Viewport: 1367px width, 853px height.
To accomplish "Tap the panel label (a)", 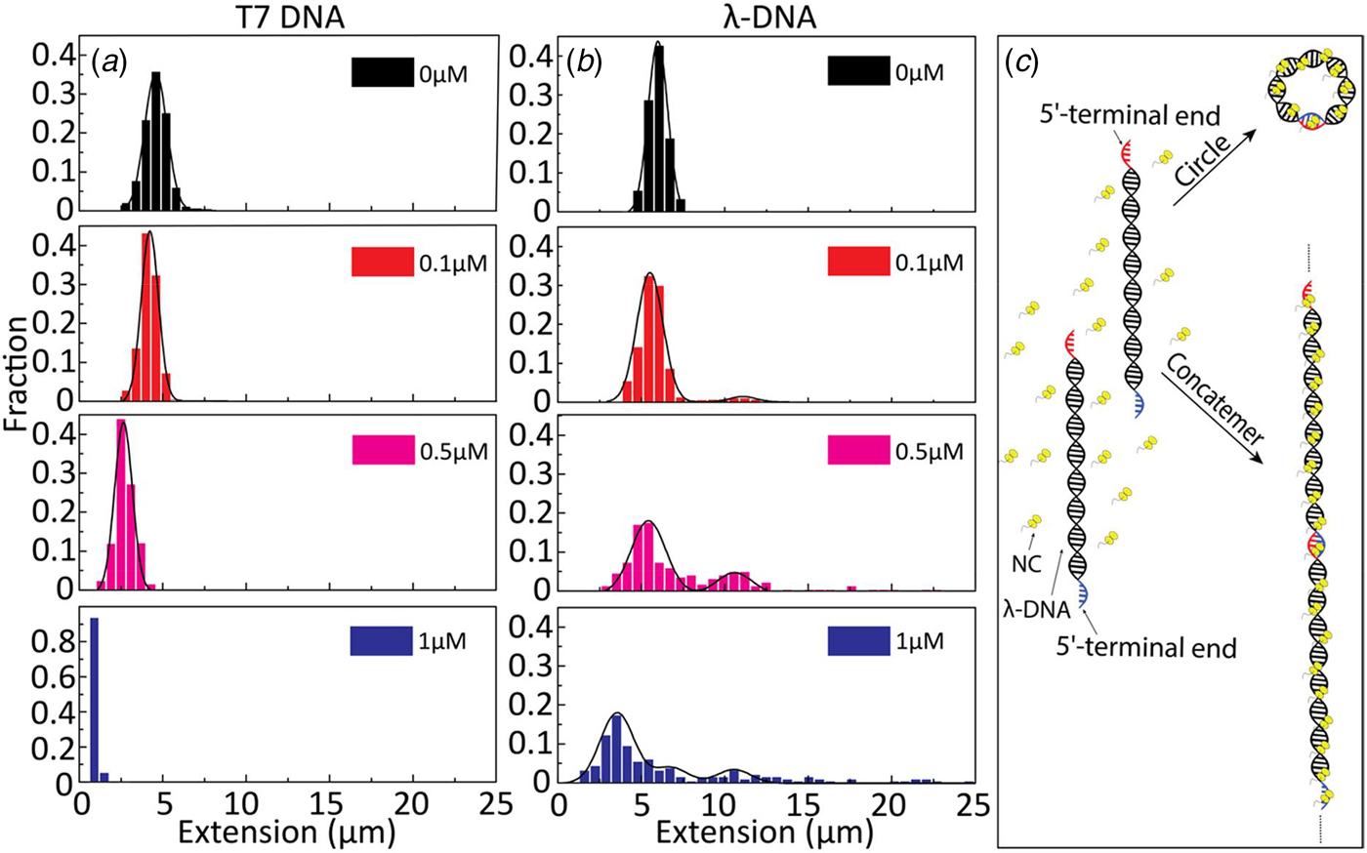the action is pos(109,61).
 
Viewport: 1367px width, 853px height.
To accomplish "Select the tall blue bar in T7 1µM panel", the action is pos(95,699).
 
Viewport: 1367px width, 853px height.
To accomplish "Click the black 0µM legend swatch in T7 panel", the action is pos(382,72).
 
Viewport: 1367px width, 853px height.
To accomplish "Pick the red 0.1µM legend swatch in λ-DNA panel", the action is pos(858,262).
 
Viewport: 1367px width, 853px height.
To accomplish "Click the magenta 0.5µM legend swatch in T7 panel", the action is pos(383,450).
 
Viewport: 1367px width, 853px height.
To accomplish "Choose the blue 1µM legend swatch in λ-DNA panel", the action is pos(858,640).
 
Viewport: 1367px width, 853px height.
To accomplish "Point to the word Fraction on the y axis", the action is pos(16,374).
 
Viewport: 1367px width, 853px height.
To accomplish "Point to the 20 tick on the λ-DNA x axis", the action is pos(890,805).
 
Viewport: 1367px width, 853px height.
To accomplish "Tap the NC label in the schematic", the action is pos(1026,564).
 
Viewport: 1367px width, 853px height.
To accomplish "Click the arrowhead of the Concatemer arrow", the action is pos(1255,458).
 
